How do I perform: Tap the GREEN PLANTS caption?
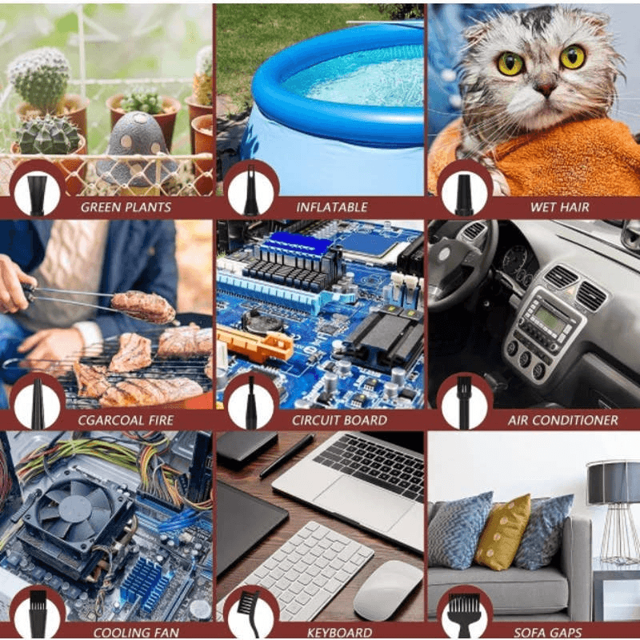click(126, 207)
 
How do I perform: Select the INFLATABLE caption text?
click(332, 207)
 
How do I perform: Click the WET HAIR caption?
click(559, 207)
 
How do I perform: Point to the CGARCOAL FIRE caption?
click(126, 421)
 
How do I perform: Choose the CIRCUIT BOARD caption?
click(339, 421)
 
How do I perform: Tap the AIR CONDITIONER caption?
click(563, 421)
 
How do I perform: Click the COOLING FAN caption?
click(136, 633)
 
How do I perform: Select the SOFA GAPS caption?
click(548, 633)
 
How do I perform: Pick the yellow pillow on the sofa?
click(503, 532)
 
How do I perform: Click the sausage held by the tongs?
click(143, 307)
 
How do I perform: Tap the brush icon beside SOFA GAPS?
click(464, 615)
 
